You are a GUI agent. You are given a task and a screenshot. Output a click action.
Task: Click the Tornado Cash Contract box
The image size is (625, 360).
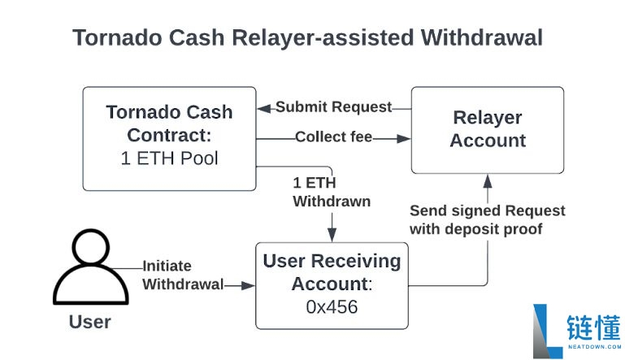click(169, 138)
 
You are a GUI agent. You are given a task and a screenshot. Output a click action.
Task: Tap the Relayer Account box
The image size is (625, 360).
click(488, 129)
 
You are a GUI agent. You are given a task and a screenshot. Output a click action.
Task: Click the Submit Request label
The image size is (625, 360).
click(333, 107)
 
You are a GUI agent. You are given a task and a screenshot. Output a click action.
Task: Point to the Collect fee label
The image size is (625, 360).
click(333, 137)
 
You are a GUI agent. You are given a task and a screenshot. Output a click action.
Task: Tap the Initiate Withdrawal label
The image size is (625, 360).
click(183, 275)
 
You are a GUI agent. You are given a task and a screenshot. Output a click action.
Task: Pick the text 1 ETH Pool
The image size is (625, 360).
click(169, 158)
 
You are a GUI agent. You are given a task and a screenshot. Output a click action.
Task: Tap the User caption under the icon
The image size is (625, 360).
click(89, 322)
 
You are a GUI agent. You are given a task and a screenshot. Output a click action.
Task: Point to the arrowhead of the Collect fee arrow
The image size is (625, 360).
click(404, 138)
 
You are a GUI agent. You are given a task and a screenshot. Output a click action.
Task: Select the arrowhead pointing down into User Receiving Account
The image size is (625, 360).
click(331, 236)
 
